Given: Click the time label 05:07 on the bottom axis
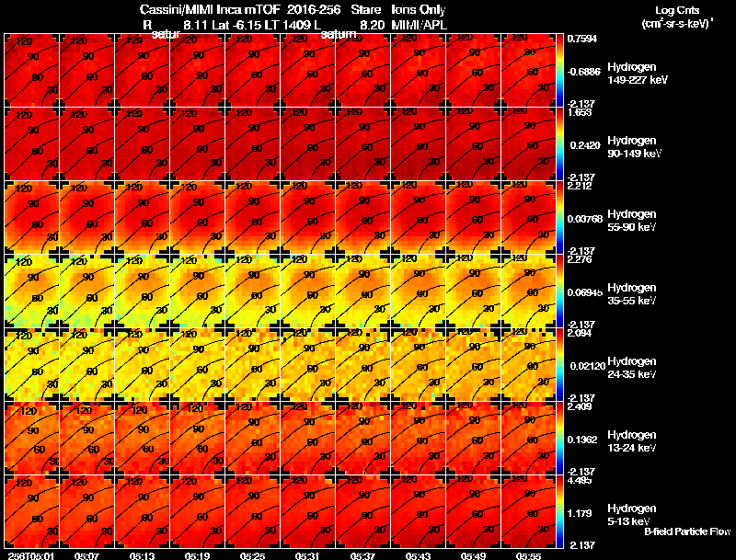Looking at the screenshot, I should [86, 555].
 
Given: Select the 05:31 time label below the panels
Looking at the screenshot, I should [308, 555].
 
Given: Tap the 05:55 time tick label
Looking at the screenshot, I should [529, 555].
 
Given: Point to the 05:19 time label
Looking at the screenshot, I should [197, 555].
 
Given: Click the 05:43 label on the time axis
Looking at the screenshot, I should [419, 555].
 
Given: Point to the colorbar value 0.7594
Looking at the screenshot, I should [583, 40].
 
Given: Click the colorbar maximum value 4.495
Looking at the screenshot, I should [581, 480].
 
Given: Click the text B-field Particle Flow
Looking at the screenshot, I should [686, 531].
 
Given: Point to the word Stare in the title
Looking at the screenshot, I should [367, 10].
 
